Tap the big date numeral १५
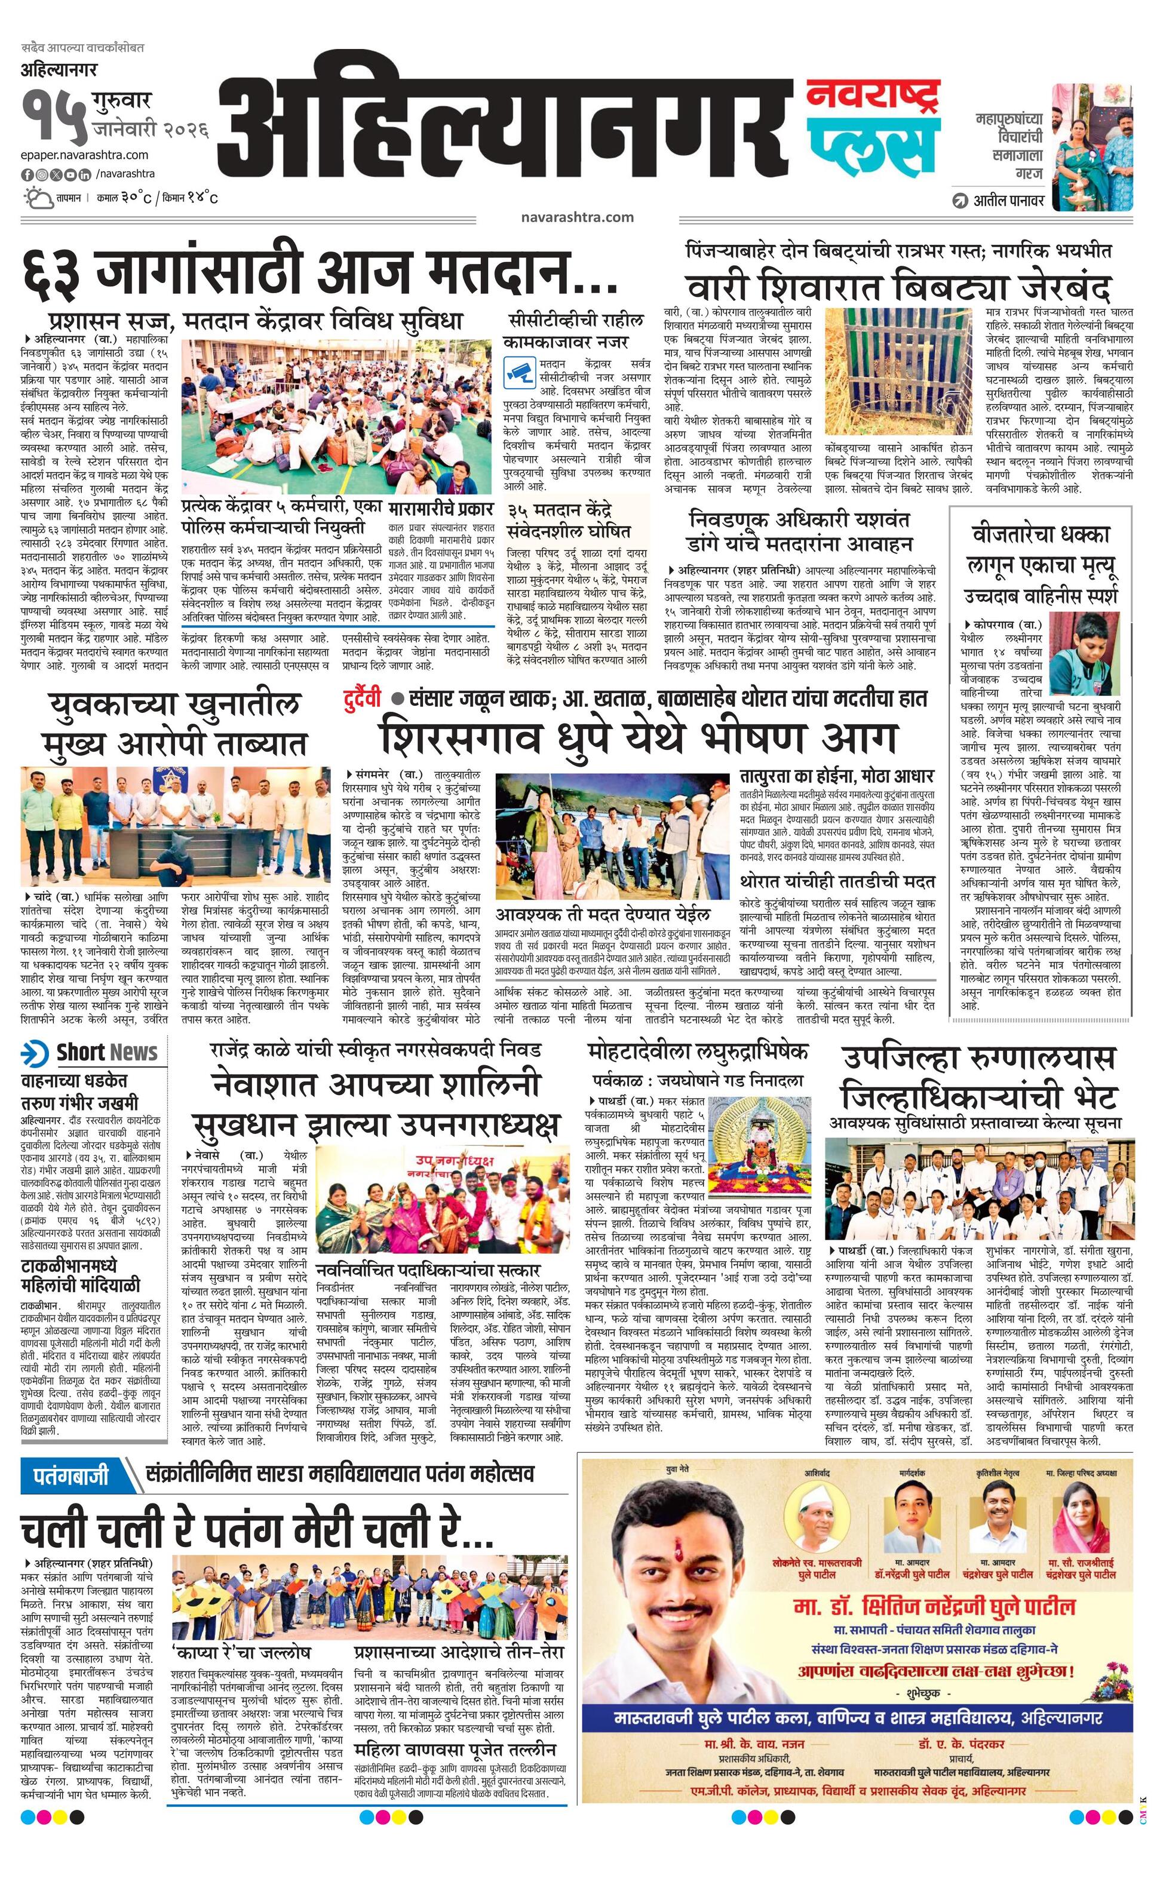(54, 119)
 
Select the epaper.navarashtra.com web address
(85, 155)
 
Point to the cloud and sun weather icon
(36, 197)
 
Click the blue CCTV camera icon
(519, 371)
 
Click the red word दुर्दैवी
(362, 699)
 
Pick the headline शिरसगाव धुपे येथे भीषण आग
(638, 736)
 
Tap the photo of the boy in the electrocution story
(1084, 658)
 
